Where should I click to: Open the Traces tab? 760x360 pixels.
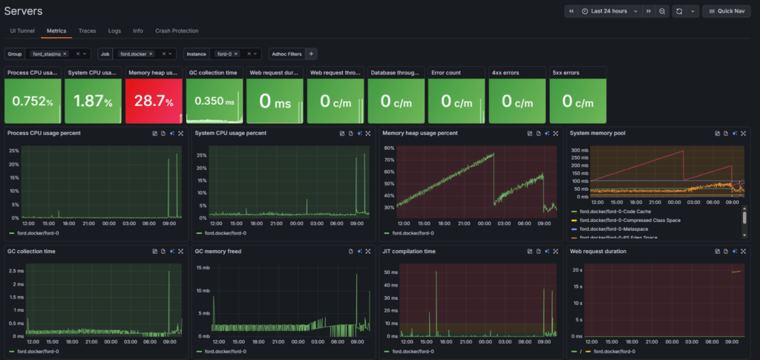coord(88,31)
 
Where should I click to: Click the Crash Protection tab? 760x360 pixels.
coord(177,31)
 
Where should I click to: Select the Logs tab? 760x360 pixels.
coord(114,31)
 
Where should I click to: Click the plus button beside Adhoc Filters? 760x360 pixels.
coord(312,53)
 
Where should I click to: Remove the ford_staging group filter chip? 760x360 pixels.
coord(65,54)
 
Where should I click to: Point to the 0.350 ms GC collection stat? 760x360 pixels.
coord(214,102)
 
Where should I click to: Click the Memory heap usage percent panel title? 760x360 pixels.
coord(420,133)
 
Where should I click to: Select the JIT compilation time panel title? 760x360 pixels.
coord(408,252)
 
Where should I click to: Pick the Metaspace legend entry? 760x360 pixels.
coord(608,229)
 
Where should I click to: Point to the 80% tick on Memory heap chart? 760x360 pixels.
coord(388,148)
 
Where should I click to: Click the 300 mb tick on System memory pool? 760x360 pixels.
coord(579,150)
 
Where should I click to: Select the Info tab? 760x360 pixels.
coord(138,31)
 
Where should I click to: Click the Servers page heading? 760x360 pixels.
coord(23,11)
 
